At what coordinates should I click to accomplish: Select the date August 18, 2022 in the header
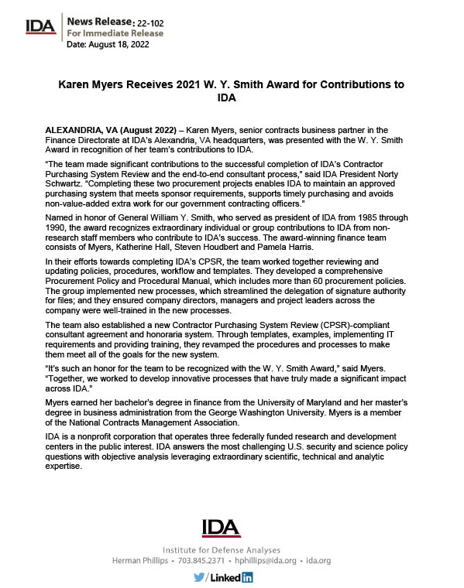[x=123, y=45]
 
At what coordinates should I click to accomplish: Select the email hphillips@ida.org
[x=266, y=559]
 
